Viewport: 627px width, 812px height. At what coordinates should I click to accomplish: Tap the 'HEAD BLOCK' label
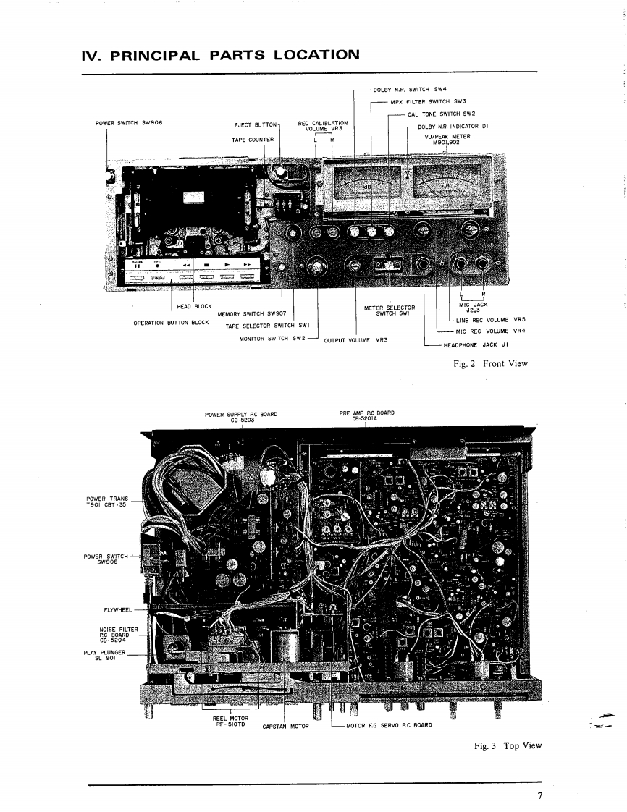194,306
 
